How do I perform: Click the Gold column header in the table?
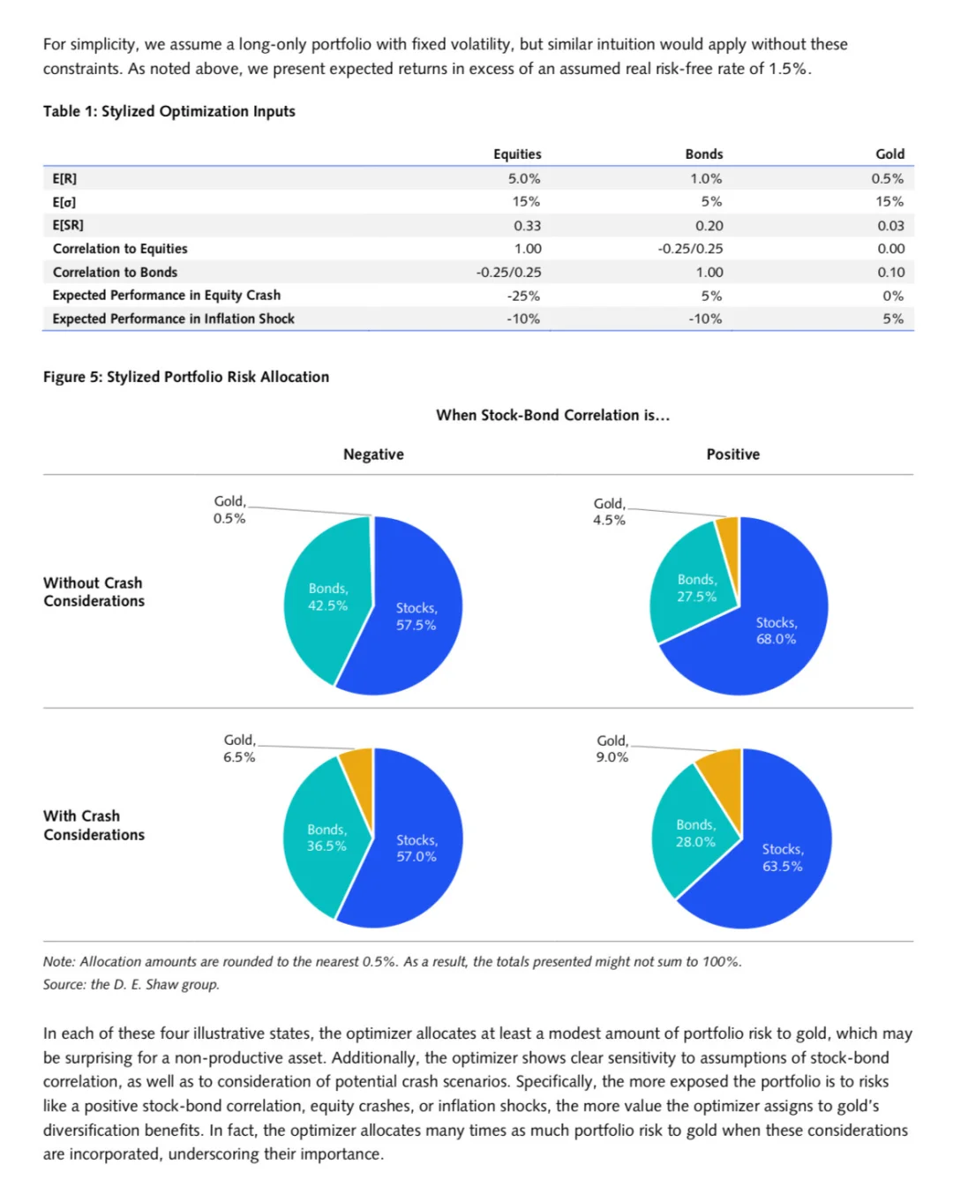tap(889, 154)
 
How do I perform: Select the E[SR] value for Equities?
tap(527, 225)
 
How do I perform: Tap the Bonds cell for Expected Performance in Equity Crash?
tap(711, 296)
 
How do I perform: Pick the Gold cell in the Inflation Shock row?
tap(893, 319)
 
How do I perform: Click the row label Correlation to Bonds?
tap(115, 272)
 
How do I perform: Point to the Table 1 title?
tap(169, 111)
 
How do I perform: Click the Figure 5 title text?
tap(186, 377)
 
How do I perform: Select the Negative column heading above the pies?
tap(373, 455)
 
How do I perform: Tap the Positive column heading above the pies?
tap(732, 455)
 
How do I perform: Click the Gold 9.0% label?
tap(612, 748)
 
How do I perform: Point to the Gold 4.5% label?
tap(609, 512)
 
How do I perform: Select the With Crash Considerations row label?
tap(94, 825)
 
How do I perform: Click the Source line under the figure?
tap(131, 984)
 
